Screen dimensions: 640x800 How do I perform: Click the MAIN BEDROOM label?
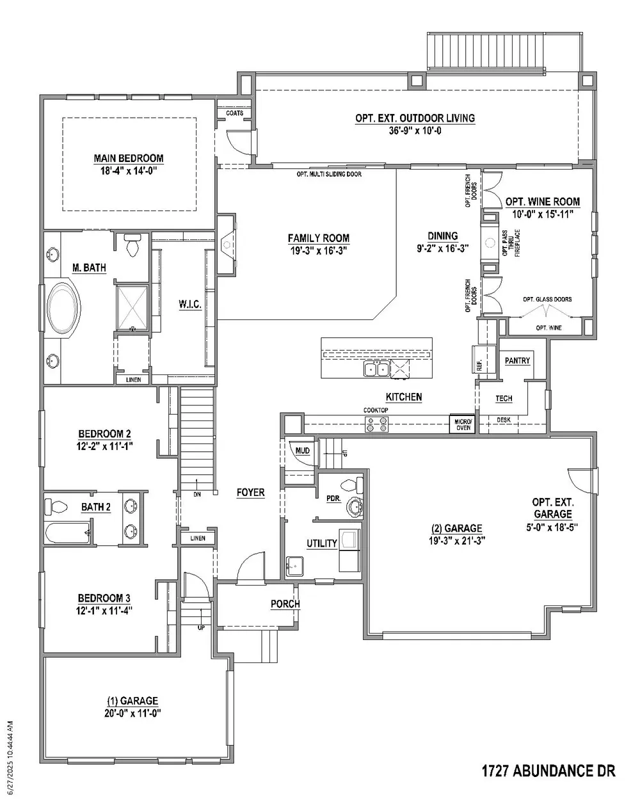click(x=128, y=158)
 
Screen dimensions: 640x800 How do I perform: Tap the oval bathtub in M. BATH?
click(x=63, y=308)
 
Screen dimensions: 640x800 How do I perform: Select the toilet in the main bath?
click(x=132, y=245)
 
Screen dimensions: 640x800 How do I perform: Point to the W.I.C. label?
click(x=190, y=304)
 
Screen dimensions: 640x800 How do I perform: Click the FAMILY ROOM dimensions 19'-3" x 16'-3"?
click(x=318, y=250)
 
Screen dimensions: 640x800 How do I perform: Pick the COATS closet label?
click(x=235, y=113)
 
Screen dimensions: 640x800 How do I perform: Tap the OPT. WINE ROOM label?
click(x=543, y=202)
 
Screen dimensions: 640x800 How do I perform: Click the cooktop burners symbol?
click(x=377, y=424)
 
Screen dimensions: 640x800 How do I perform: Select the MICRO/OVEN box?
click(x=463, y=424)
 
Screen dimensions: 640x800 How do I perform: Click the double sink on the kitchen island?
click(x=377, y=369)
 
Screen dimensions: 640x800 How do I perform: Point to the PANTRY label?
click(x=517, y=360)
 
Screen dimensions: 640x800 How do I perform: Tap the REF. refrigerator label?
click(x=479, y=365)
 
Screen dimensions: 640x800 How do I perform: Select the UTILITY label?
click(x=322, y=543)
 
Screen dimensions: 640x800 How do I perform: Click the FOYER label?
click(x=251, y=493)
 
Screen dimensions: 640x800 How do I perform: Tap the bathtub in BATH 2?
click(x=68, y=533)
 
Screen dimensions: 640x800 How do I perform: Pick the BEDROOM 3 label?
click(x=104, y=598)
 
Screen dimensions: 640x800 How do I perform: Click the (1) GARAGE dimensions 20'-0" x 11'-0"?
click(x=132, y=712)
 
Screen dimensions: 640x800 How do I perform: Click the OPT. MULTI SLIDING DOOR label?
click(x=329, y=174)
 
